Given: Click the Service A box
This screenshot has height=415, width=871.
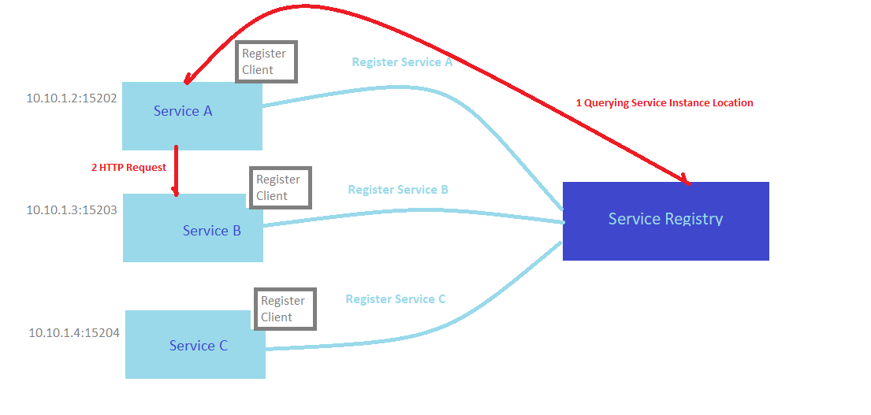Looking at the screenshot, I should point(192,116).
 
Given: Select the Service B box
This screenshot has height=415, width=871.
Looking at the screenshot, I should point(193,228).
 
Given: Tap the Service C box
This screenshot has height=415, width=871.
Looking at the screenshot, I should point(195,345).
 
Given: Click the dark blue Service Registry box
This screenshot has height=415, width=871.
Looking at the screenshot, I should point(665,220).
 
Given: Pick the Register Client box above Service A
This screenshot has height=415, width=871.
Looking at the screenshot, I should point(266,61).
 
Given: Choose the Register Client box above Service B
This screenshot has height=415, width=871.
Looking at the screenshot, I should point(280,187).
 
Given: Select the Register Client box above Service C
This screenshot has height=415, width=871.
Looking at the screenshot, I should point(285,309).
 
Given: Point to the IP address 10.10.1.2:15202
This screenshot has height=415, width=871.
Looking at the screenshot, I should point(72,98).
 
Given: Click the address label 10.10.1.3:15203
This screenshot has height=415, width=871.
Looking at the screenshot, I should point(72,209).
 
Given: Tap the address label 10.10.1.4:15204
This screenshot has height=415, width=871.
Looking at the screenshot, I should point(74,332).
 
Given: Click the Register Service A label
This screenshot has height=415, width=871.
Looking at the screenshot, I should point(402,62).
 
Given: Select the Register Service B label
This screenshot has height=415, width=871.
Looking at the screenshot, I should point(398,190).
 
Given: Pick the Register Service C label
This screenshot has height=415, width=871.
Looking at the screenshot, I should point(396,299).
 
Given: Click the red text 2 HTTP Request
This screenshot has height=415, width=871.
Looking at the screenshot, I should point(128,167).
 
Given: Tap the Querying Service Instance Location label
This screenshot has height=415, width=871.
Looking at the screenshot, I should point(664,103).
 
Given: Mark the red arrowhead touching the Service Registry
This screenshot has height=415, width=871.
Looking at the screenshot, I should point(685,180).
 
